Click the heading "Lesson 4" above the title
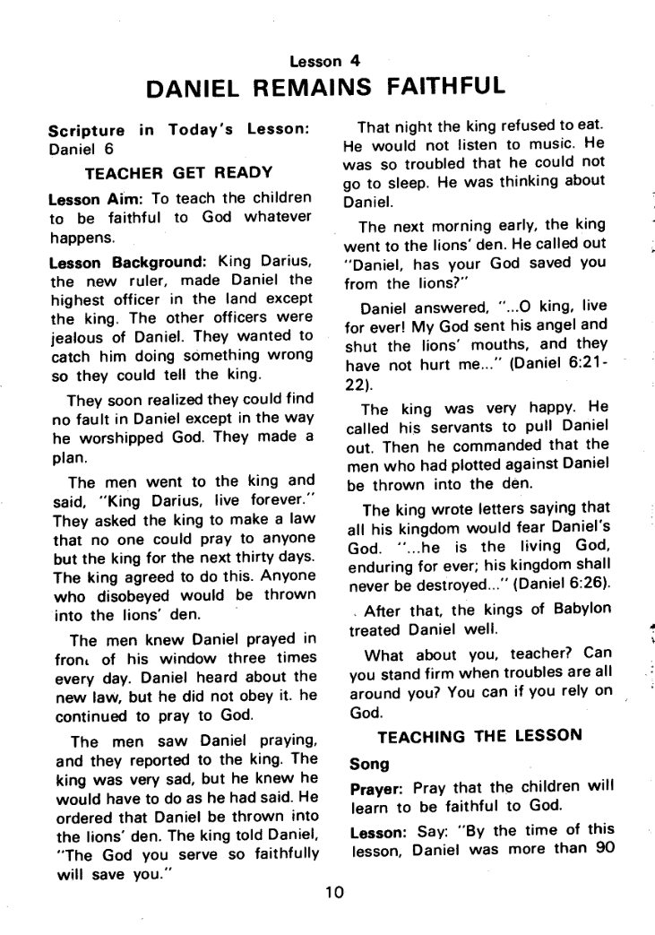(x=326, y=61)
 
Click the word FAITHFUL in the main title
(x=439, y=89)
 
